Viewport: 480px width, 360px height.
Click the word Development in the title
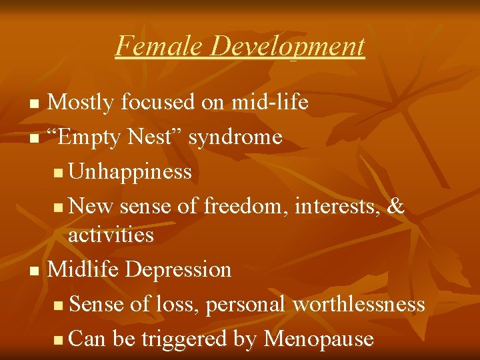click(x=287, y=46)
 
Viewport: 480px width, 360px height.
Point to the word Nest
click(x=159, y=137)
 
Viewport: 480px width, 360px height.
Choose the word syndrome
click(x=235, y=138)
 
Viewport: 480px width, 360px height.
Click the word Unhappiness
click(x=130, y=172)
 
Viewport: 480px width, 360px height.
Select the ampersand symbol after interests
click(x=395, y=207)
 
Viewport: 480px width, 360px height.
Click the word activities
click(x=111, y=235)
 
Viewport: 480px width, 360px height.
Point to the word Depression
click(x=178, y=270)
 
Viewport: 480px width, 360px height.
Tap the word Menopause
click(x=318, y=339)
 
